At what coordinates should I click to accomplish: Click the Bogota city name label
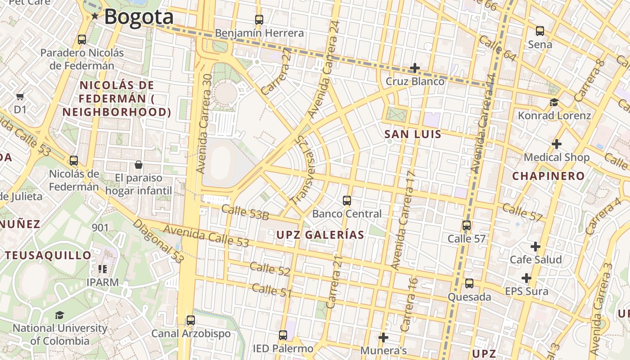(139, 17)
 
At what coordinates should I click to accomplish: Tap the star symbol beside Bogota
(95, 17)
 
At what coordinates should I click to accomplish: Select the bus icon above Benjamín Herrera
(259, 19)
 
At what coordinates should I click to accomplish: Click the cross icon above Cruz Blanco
(415, 68)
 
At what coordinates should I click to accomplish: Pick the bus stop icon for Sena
(540, 31)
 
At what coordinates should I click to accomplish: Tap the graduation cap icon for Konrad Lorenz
(554, 102)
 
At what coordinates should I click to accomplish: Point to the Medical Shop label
(556, 157)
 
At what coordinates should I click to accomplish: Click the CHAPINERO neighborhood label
(548, 176)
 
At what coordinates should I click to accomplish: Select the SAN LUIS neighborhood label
(413, 134)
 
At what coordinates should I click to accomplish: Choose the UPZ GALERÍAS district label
(320, 234)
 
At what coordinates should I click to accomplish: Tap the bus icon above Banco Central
(346, 200)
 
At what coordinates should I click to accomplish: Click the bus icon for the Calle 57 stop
(467, 225)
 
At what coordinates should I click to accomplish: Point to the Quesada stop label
(469, 297)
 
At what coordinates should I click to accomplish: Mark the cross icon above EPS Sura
(526, 278)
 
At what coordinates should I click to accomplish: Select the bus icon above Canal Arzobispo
(191, 320)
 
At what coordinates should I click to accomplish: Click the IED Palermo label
(283, 349)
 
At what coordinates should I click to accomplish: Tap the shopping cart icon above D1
(20, 96)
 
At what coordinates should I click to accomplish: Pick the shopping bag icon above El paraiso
(139, 165)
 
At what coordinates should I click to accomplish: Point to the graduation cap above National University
(59, 315)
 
